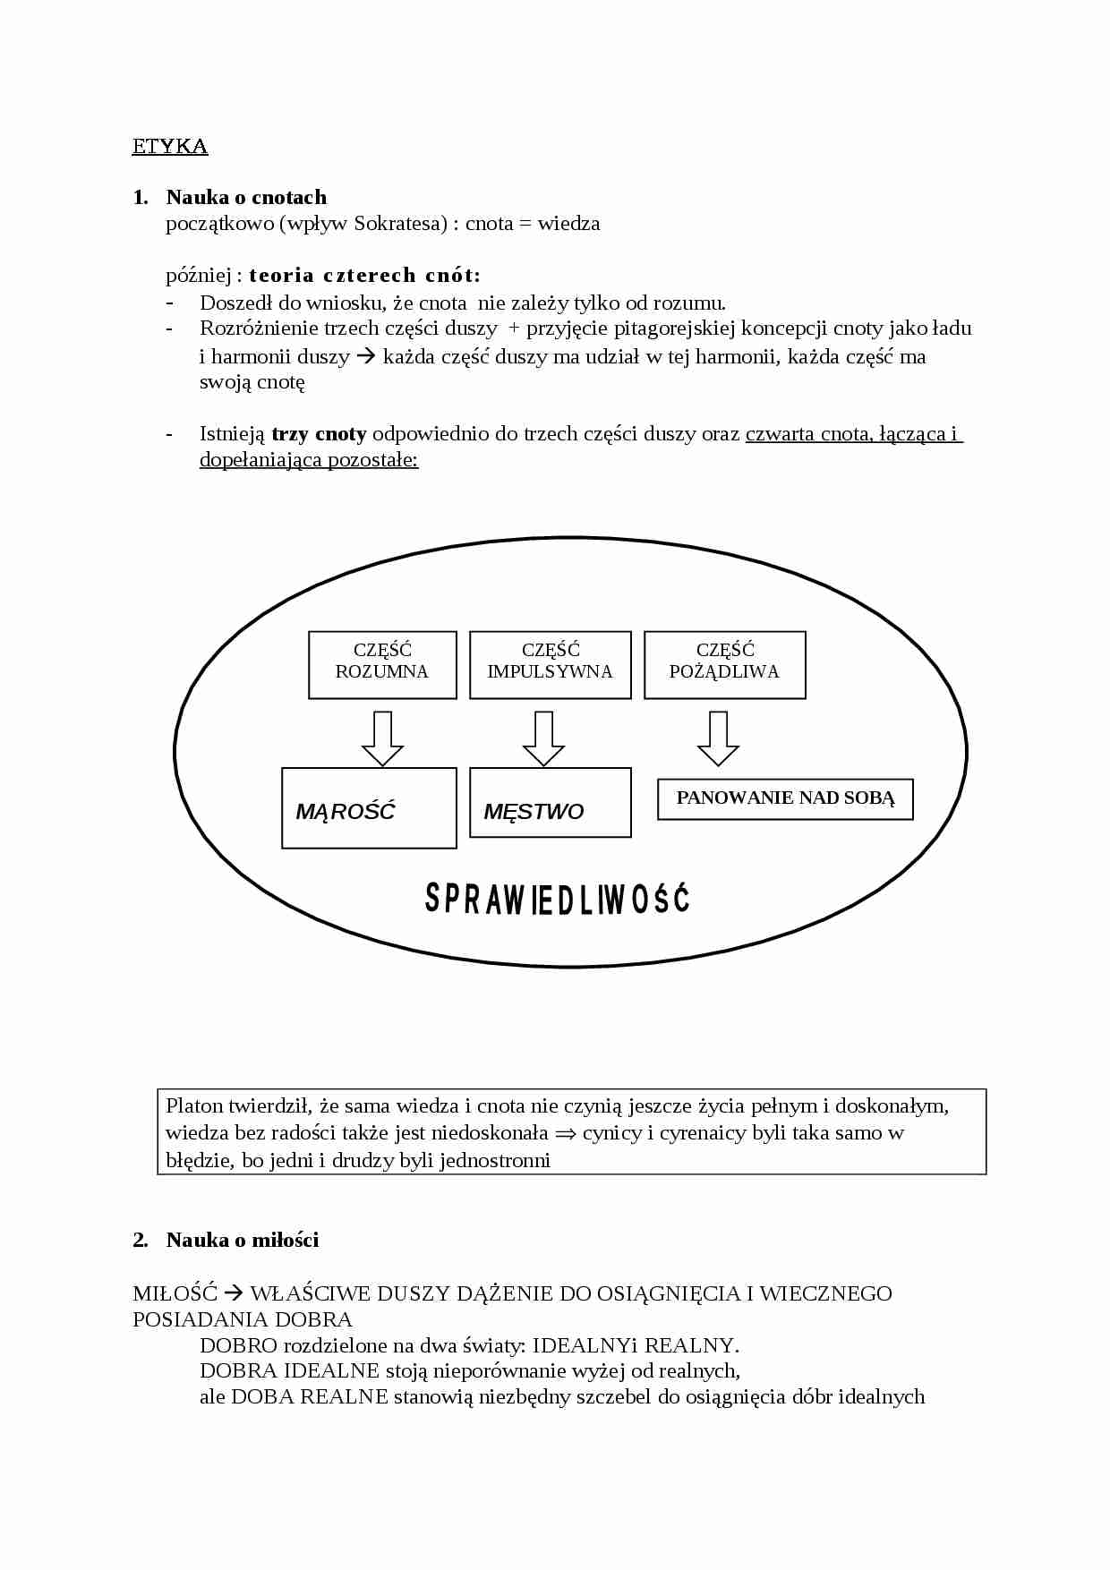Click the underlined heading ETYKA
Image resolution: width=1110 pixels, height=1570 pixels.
(170, 147)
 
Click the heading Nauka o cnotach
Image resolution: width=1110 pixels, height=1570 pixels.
(246, 198)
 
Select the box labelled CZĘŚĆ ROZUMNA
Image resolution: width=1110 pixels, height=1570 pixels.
(382, 664)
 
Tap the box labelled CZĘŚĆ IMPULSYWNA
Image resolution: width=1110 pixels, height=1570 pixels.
(550, 664)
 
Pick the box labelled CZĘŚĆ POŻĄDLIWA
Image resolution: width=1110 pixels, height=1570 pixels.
(724, 664)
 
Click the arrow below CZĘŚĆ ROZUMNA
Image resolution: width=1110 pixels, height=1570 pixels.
(382, 738)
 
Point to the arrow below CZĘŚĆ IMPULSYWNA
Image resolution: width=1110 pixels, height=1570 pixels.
(543, 738)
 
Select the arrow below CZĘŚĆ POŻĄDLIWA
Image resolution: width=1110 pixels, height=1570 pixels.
(718, 738)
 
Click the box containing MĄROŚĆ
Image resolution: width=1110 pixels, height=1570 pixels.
(369, 807)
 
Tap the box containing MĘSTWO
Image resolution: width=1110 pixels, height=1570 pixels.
(550, 802)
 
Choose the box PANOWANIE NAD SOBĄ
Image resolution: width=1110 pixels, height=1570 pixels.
(785, 798)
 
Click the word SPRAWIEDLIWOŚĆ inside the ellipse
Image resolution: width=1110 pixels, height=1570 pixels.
(557, 899)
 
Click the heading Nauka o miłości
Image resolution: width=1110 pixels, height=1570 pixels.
(242, 1241)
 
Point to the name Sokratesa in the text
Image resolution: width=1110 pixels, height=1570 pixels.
(399, 224)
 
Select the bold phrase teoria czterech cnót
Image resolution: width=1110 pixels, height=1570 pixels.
(364, 276)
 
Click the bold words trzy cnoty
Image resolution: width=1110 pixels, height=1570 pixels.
(319, 435)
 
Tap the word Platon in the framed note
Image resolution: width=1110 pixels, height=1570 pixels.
(194, 1106)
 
